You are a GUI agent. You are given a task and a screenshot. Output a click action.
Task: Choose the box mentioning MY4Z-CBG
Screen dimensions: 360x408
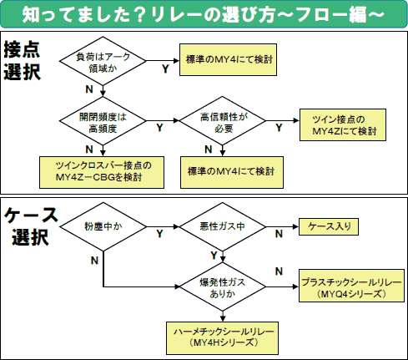click(x=99, y=170)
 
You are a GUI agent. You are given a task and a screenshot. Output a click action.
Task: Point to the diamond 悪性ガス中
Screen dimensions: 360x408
click(x=219, y=226)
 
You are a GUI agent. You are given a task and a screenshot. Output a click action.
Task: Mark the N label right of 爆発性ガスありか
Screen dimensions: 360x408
click(x=275, y=271)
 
